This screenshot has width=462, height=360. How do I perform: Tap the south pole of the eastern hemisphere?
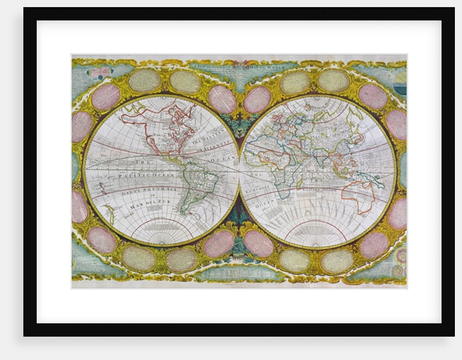click(317, 239)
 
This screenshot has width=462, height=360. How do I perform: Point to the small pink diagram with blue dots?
click(101, 73)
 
